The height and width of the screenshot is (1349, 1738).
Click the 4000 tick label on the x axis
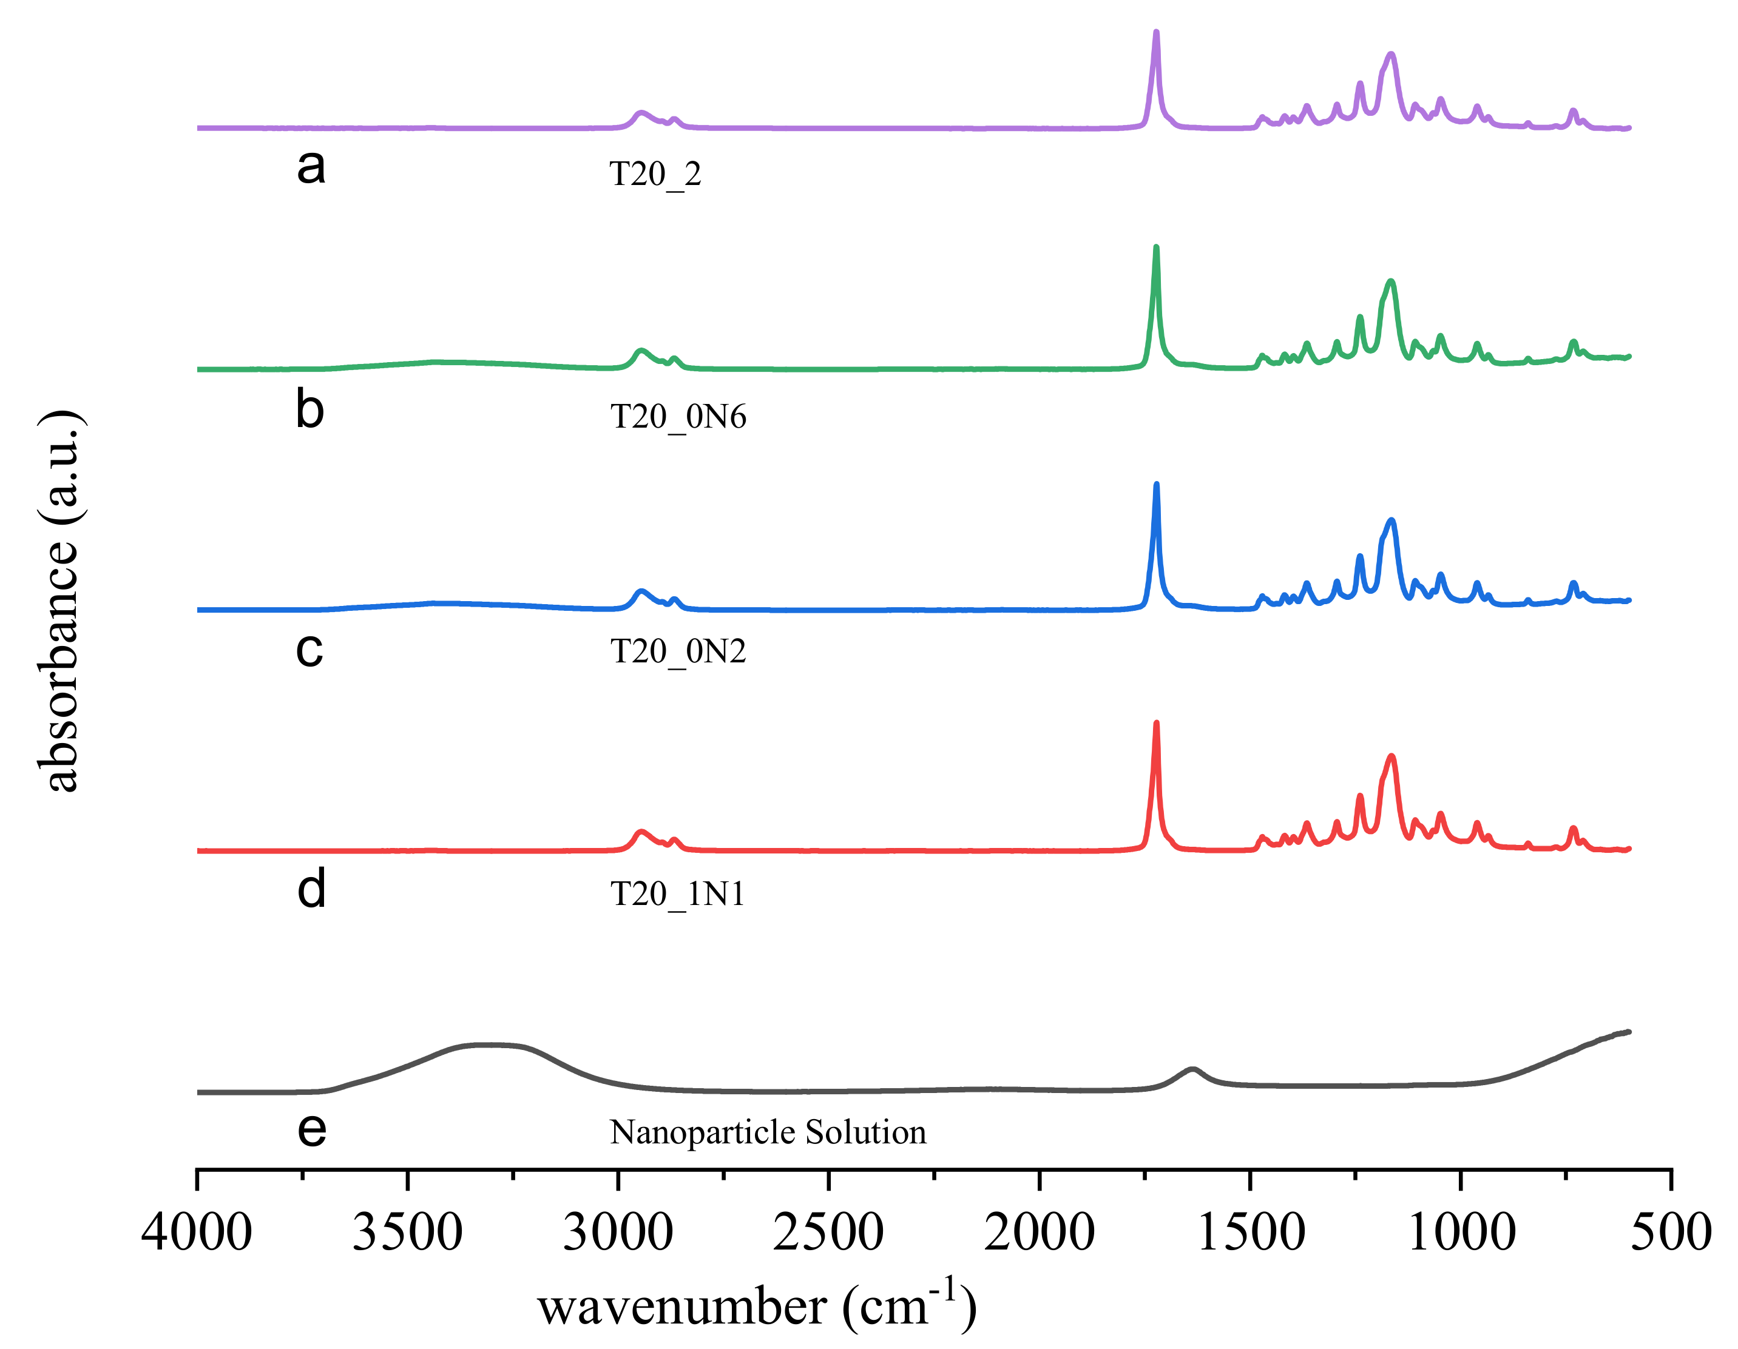[197, 1234]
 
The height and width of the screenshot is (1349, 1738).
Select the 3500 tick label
[407, 1234]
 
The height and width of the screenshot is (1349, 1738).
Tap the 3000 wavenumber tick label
[618, 1234]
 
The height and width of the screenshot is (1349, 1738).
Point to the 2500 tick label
[828, 1234]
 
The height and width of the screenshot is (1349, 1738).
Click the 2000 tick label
[1040, 1234]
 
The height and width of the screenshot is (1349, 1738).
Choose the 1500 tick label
[1250, 1234]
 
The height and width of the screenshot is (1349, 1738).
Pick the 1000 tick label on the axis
[1461, 1234]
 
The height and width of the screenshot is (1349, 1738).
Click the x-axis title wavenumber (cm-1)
[757, 1307]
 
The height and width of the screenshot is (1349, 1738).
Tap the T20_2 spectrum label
[655, 174]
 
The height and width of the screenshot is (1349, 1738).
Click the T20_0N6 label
[678, 417]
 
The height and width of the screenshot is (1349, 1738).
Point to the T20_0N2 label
[678, 651]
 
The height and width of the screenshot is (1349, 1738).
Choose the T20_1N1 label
[677, 894]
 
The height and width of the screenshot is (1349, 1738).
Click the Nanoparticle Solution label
[768, 1132]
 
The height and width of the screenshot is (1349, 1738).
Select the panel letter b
[309, 411]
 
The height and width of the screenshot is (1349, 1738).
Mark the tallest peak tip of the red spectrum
[1156, 723]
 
